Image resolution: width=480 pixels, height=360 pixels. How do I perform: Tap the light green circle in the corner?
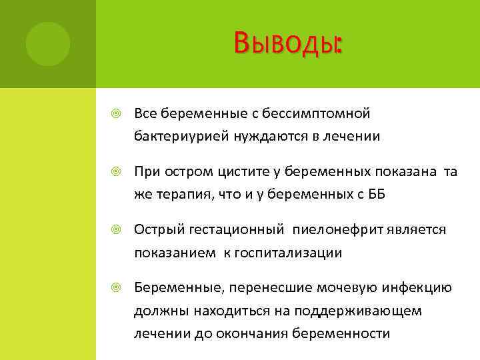pyautogui.click(x=48, y=44)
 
